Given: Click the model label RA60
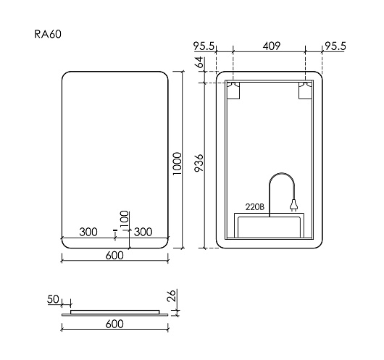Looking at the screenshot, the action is (x=48, y=34).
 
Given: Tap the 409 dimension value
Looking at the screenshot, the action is (x=272, y=46).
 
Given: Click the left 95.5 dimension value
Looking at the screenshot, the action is (x=204, y=46).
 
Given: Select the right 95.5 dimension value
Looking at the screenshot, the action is (x=335, y=46).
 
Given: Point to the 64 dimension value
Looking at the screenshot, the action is (x=199, y=62).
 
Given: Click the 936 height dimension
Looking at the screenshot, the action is (x=199, y=163).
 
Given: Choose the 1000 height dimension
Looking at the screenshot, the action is (x=177, y=164).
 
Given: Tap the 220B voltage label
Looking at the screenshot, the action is (x=255, y=207).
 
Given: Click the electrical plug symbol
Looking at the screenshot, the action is (x=293, y=205).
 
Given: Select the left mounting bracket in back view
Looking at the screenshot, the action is (x=233, y=91).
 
